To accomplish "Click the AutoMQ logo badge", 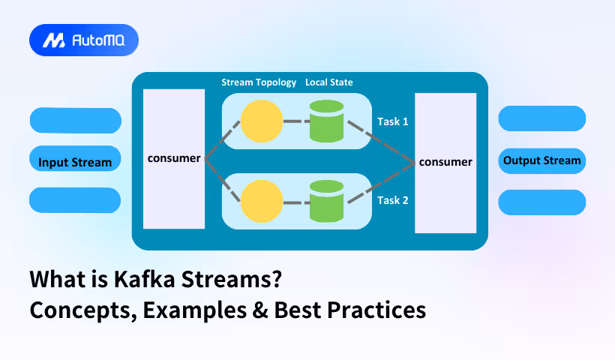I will pyautogui.click(x=84, y=40).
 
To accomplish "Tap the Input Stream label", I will pyautogui.click(x=75, y=162).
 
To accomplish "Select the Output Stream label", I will pyautogui.click(x=541, y=160).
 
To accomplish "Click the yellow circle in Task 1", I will pyautogui.click(x=262, y=121).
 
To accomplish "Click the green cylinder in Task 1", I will pyautogui.click(x=326, y=121).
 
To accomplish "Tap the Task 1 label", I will pyautogui.click(x=392, y=121).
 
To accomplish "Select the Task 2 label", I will pyautogui.click(x=392, y=200).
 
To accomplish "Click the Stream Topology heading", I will pyautogui.click(x=259, y=82).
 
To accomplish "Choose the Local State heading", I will pyautogui.click(x=329, y=82).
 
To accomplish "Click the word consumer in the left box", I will pyautogui.click(x=174, y=158).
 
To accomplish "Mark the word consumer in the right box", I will pyautogui.click(x=445, y=161).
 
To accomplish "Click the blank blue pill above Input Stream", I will pyautogui.click(x=75, y=120).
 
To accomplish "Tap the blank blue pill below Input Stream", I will pyautogui.click(x=75, y=200).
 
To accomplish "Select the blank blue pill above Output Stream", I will pyautogui.click(x=541, y=118).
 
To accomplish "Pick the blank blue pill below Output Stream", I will pyautogui.click(x=541, y=202).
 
